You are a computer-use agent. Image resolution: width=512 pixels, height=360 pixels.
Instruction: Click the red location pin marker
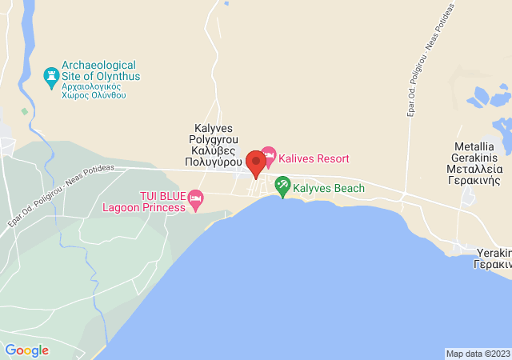(256, 163)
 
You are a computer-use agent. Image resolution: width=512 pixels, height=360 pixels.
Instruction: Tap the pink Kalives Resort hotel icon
(268, 154)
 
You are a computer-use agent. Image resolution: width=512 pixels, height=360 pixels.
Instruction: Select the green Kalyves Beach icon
(282, 186)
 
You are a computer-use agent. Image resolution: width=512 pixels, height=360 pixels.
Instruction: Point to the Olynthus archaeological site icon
(51, 77)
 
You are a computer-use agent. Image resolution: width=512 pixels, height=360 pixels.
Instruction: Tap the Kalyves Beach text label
(329, 189)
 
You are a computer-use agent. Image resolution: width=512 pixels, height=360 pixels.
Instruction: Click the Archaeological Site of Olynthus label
(100, 70)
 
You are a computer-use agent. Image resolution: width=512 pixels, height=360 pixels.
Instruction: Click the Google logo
(26, 350)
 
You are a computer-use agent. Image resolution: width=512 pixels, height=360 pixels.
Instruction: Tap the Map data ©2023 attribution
(478, 354)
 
